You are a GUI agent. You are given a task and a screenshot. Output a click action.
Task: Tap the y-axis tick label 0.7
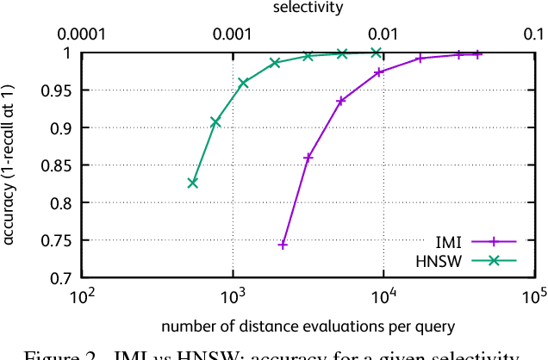pos(63,278)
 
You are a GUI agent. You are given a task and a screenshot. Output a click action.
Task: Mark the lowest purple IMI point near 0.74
pos(283,245)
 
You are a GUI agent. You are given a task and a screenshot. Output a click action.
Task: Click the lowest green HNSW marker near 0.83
pos(193,183)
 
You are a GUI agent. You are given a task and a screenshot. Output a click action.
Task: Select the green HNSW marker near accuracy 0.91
pos(215,122)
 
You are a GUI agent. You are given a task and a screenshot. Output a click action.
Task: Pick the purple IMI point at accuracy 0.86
pos(308,158)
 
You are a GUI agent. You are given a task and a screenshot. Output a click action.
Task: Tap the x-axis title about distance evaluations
pos(307,326)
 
